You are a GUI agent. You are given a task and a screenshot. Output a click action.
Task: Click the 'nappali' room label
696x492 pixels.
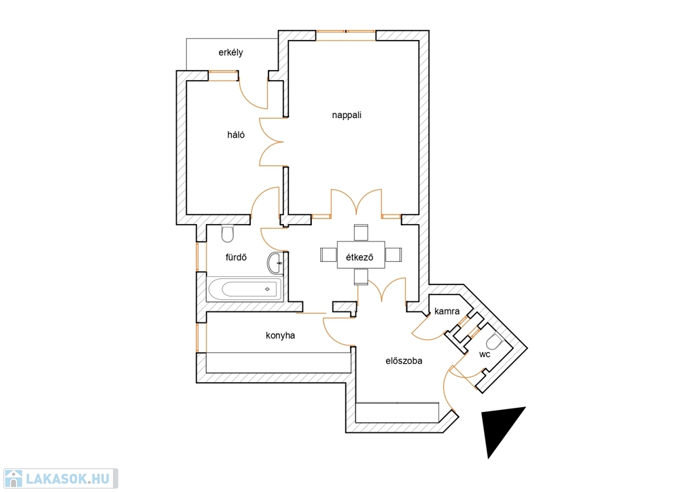pos(347,115)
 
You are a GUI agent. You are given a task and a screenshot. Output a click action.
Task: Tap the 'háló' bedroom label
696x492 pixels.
pos(237,134)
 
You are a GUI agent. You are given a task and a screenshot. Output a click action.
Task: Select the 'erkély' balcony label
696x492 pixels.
pos(231,52)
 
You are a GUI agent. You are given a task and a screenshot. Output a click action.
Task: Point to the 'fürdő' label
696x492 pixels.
pos(235,257)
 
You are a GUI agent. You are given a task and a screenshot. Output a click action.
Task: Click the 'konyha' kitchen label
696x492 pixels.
pos(280,335)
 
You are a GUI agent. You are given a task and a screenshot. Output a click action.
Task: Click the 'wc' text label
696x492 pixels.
pos(485,354)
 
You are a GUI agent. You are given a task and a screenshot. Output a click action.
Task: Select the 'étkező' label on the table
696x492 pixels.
pos(360,256)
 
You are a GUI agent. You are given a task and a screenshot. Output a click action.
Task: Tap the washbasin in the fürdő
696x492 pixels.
pos(276,261)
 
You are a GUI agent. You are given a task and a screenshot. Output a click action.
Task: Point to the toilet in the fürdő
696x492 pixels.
pos(228,233)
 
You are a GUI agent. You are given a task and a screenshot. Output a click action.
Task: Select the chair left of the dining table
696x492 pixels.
pos(329,254)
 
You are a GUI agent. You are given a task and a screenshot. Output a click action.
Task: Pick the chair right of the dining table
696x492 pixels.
pos(393,254)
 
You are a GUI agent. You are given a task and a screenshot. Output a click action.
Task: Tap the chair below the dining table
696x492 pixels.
pos(361,276)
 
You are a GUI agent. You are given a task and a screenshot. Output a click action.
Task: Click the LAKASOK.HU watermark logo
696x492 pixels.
pos(59,478)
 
